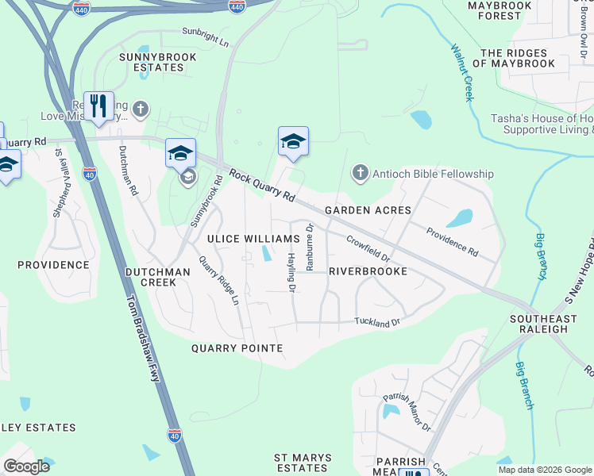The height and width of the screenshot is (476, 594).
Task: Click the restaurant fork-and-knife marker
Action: click(x=98, y=106)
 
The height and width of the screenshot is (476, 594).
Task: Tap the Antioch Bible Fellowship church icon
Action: click(x=360, y=173)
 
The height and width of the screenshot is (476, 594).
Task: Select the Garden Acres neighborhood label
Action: click(x=368, y=210)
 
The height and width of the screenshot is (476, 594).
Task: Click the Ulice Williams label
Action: click(x=253, y=239)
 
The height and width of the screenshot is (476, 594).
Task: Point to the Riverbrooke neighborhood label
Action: click(x=368, y=271)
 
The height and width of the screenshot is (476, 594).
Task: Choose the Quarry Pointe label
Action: click(x=237, y=348)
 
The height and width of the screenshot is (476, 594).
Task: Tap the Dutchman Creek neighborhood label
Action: click(x=157, y=277)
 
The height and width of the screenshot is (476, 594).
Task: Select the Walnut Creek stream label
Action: click(x=461, y=71)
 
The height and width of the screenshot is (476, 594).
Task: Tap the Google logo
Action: click(x=26, y=466)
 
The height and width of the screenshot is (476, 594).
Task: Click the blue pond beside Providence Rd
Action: click(x=459, y=218)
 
